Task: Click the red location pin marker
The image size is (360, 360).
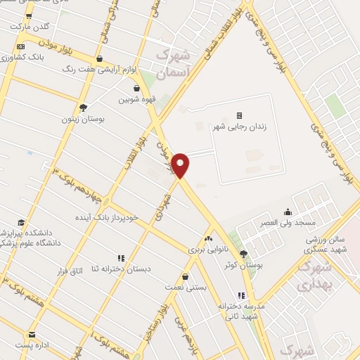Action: click(181, 165)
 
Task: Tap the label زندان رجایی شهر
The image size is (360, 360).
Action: click(239, 127)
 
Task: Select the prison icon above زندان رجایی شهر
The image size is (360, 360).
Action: click(239, 115)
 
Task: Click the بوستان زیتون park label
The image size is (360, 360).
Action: click(83, 120)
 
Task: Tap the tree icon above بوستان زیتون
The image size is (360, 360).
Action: click(83, 108)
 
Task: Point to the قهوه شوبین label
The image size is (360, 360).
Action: click(135, 100)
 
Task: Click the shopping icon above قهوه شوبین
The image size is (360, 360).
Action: click(136, 89)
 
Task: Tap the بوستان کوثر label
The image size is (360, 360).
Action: click(243, 266)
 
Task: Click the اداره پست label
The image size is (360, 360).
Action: click(32, 346)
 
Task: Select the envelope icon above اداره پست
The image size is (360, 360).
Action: click(32, 335)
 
